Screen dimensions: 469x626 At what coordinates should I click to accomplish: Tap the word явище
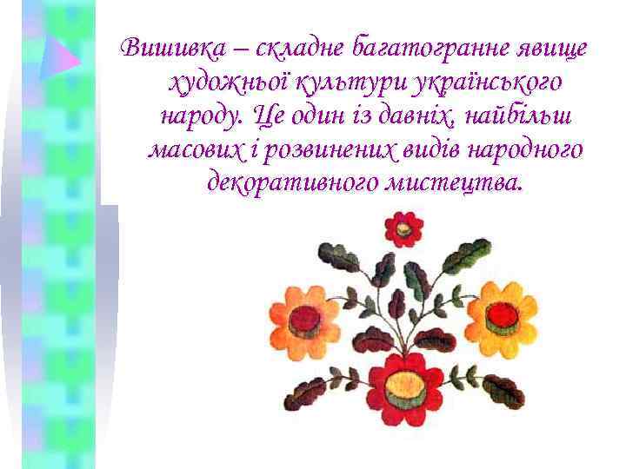point(548,49)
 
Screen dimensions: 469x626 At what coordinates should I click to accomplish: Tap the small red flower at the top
point(403,229)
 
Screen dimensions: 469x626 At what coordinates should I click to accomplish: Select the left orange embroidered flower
point(304,319)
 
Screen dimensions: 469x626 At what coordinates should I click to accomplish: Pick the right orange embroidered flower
point(501,319)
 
